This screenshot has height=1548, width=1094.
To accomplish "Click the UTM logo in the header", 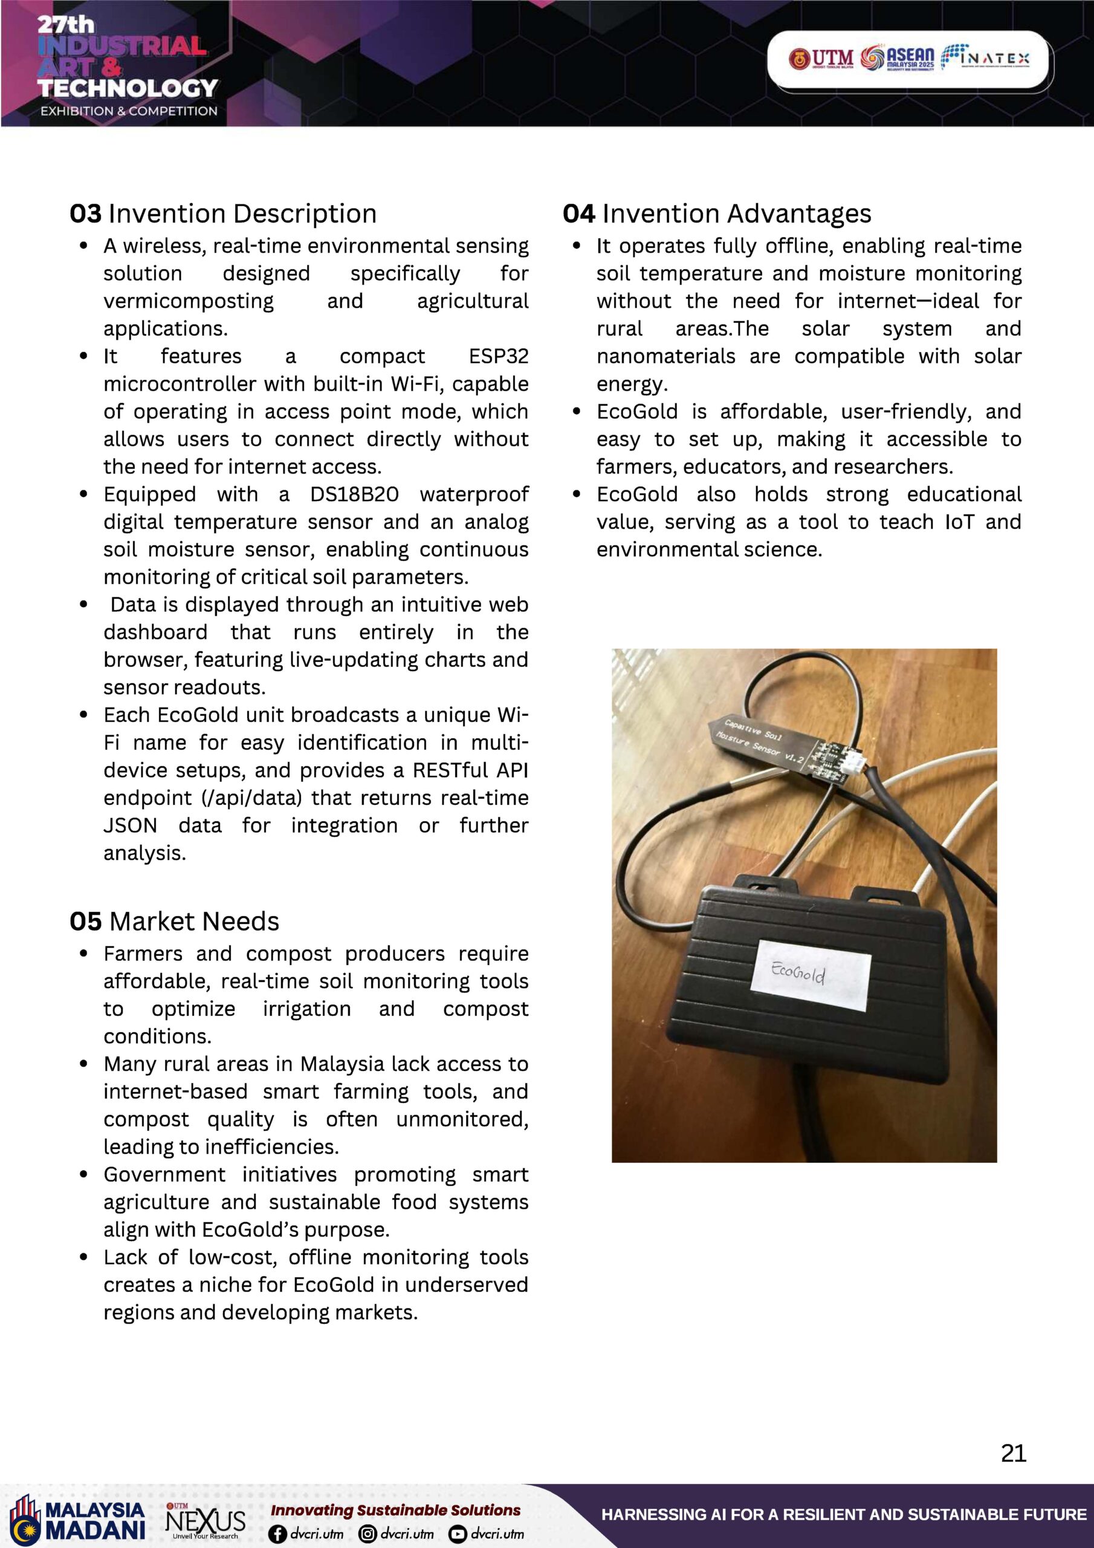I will [x=821, y=59].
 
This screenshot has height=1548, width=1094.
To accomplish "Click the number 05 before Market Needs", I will [x=86, y=922].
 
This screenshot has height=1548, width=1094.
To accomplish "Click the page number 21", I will [x=1013, y=1453].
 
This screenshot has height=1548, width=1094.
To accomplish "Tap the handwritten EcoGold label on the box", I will [x=799, y=973].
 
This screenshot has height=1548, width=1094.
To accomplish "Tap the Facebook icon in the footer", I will [x=277, y=1534].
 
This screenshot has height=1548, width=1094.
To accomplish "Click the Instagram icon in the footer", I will [x=367, y=1534].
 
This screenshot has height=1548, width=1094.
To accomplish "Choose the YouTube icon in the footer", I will [x=458, y=1534].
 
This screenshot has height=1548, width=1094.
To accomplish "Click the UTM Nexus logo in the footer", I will [x=206, y=1521].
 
